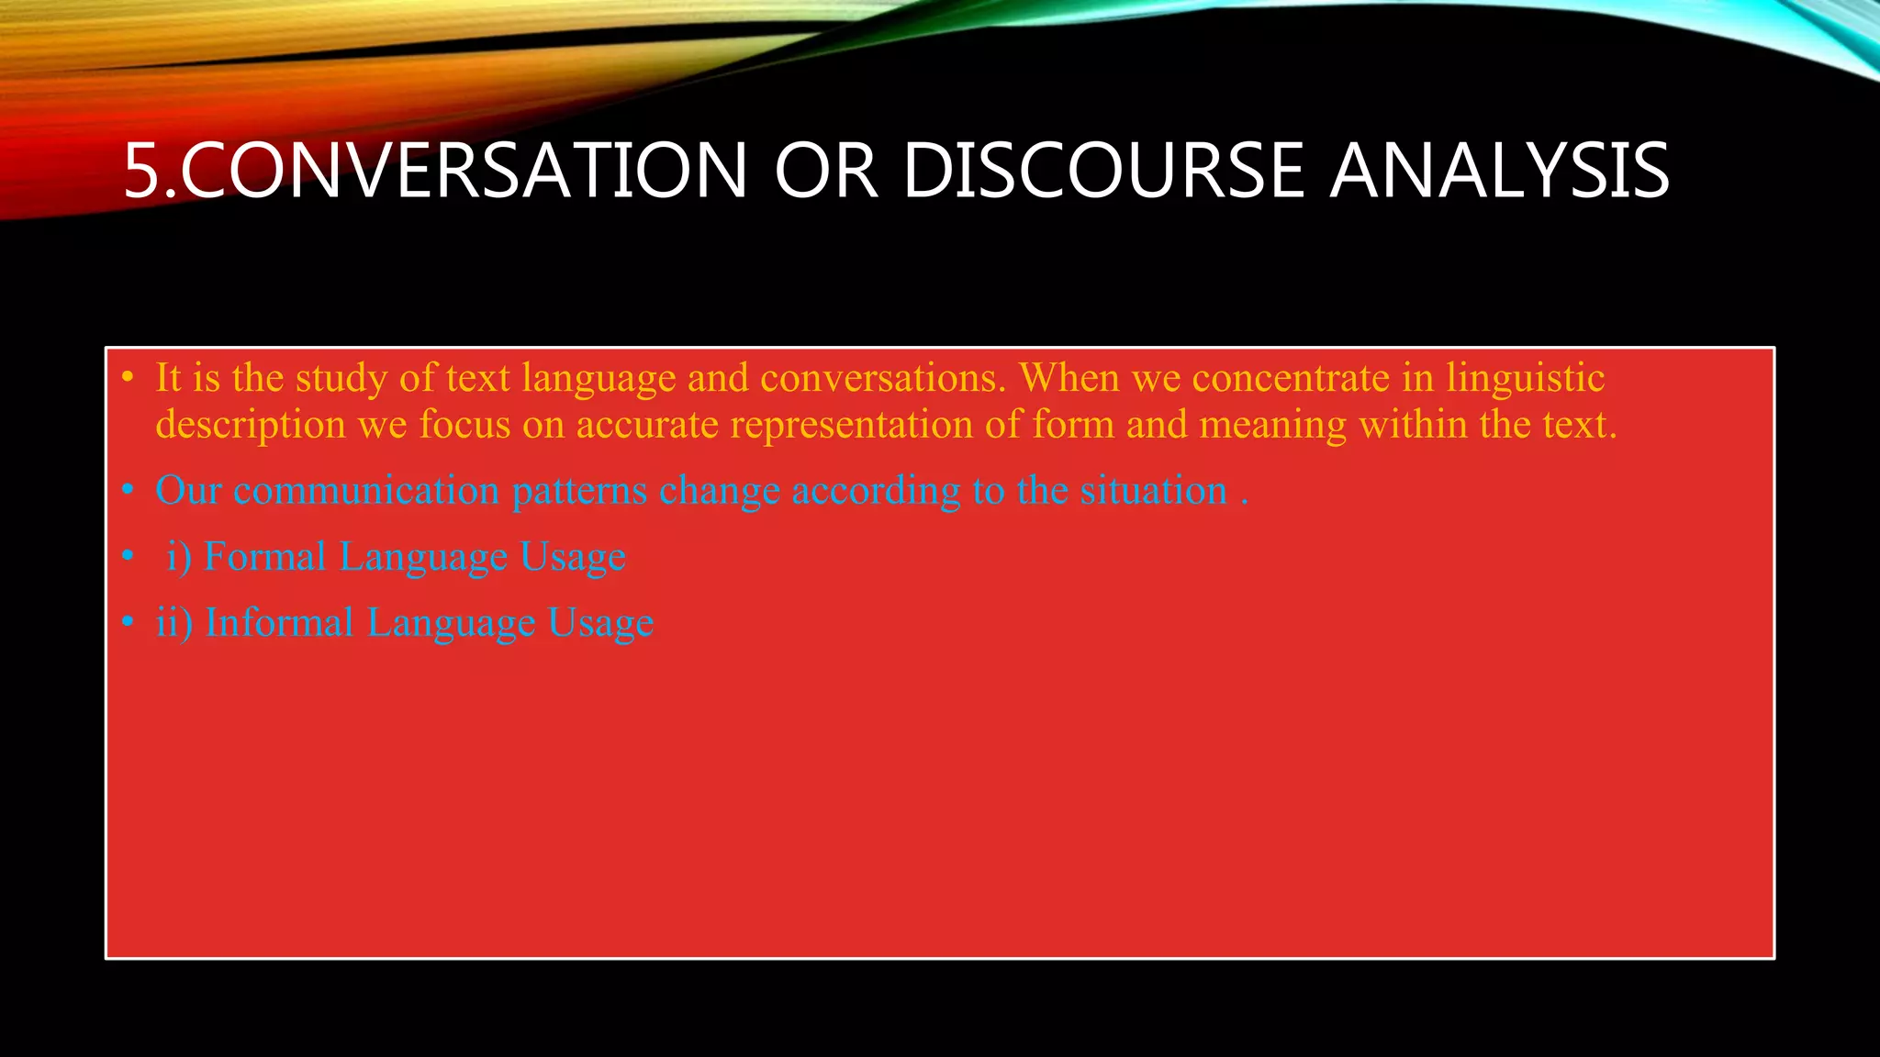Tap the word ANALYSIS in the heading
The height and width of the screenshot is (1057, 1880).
pos(1499,171)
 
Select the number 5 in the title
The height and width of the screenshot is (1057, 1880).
pos(142,171)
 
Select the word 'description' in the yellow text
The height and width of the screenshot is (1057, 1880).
pos(251,425)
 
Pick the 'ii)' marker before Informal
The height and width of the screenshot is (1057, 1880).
pos(174,623)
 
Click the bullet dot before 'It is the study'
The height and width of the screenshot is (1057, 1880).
pos(128,378)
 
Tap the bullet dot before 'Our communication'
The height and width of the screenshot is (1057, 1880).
pos(128,491)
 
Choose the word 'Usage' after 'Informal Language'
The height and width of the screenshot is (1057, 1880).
pos(600,623)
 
